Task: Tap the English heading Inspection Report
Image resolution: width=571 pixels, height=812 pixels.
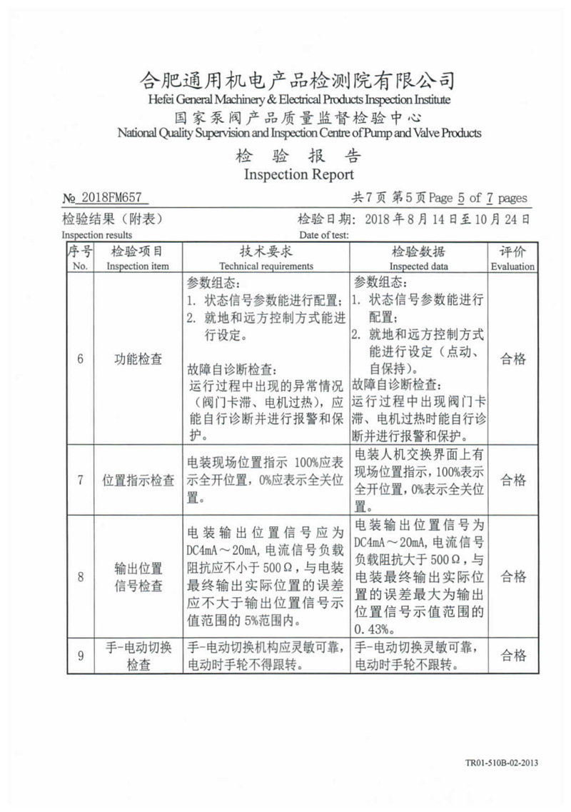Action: pos(298,174)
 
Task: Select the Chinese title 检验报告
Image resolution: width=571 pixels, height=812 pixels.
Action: pos(298,156)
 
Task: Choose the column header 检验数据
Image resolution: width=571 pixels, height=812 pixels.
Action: pos(419,252)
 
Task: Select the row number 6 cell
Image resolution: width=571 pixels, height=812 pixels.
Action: pos(80,359)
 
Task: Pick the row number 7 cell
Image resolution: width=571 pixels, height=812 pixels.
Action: pos(80,480)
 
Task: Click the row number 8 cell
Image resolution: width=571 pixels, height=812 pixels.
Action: pos(80,577)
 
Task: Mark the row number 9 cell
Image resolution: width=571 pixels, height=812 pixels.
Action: pos(80,656)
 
